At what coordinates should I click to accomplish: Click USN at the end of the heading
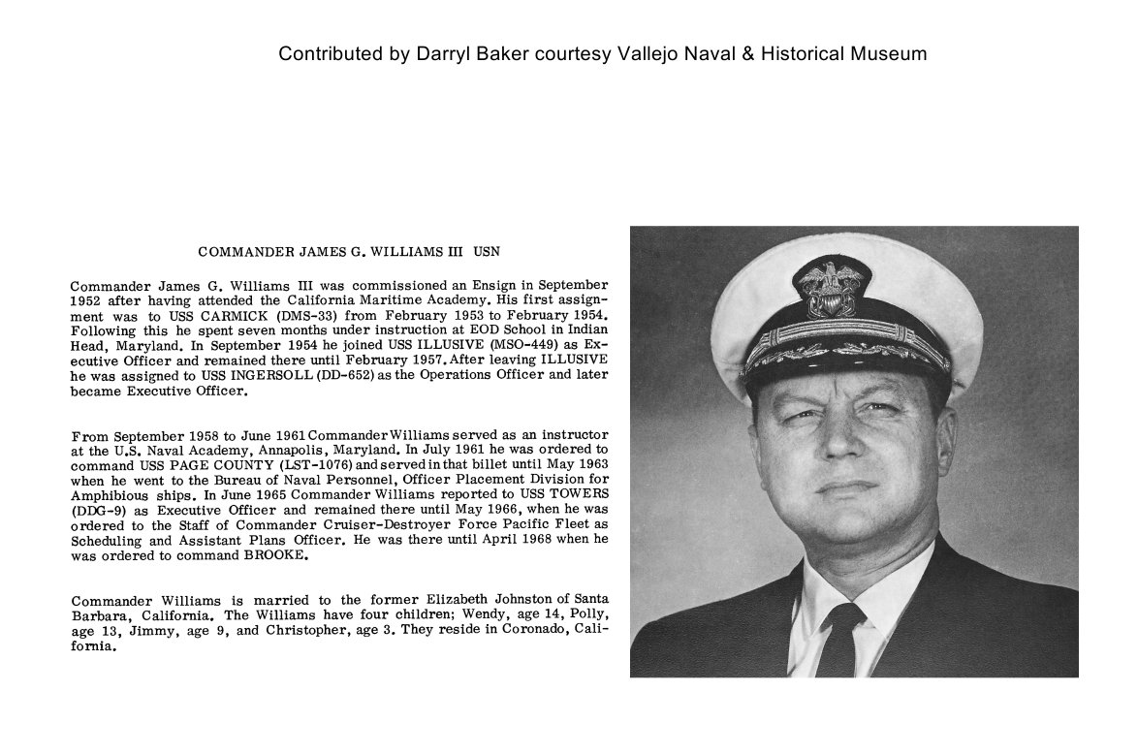(x=487, y=252)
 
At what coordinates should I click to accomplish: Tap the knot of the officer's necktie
(x=839, y=620)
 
